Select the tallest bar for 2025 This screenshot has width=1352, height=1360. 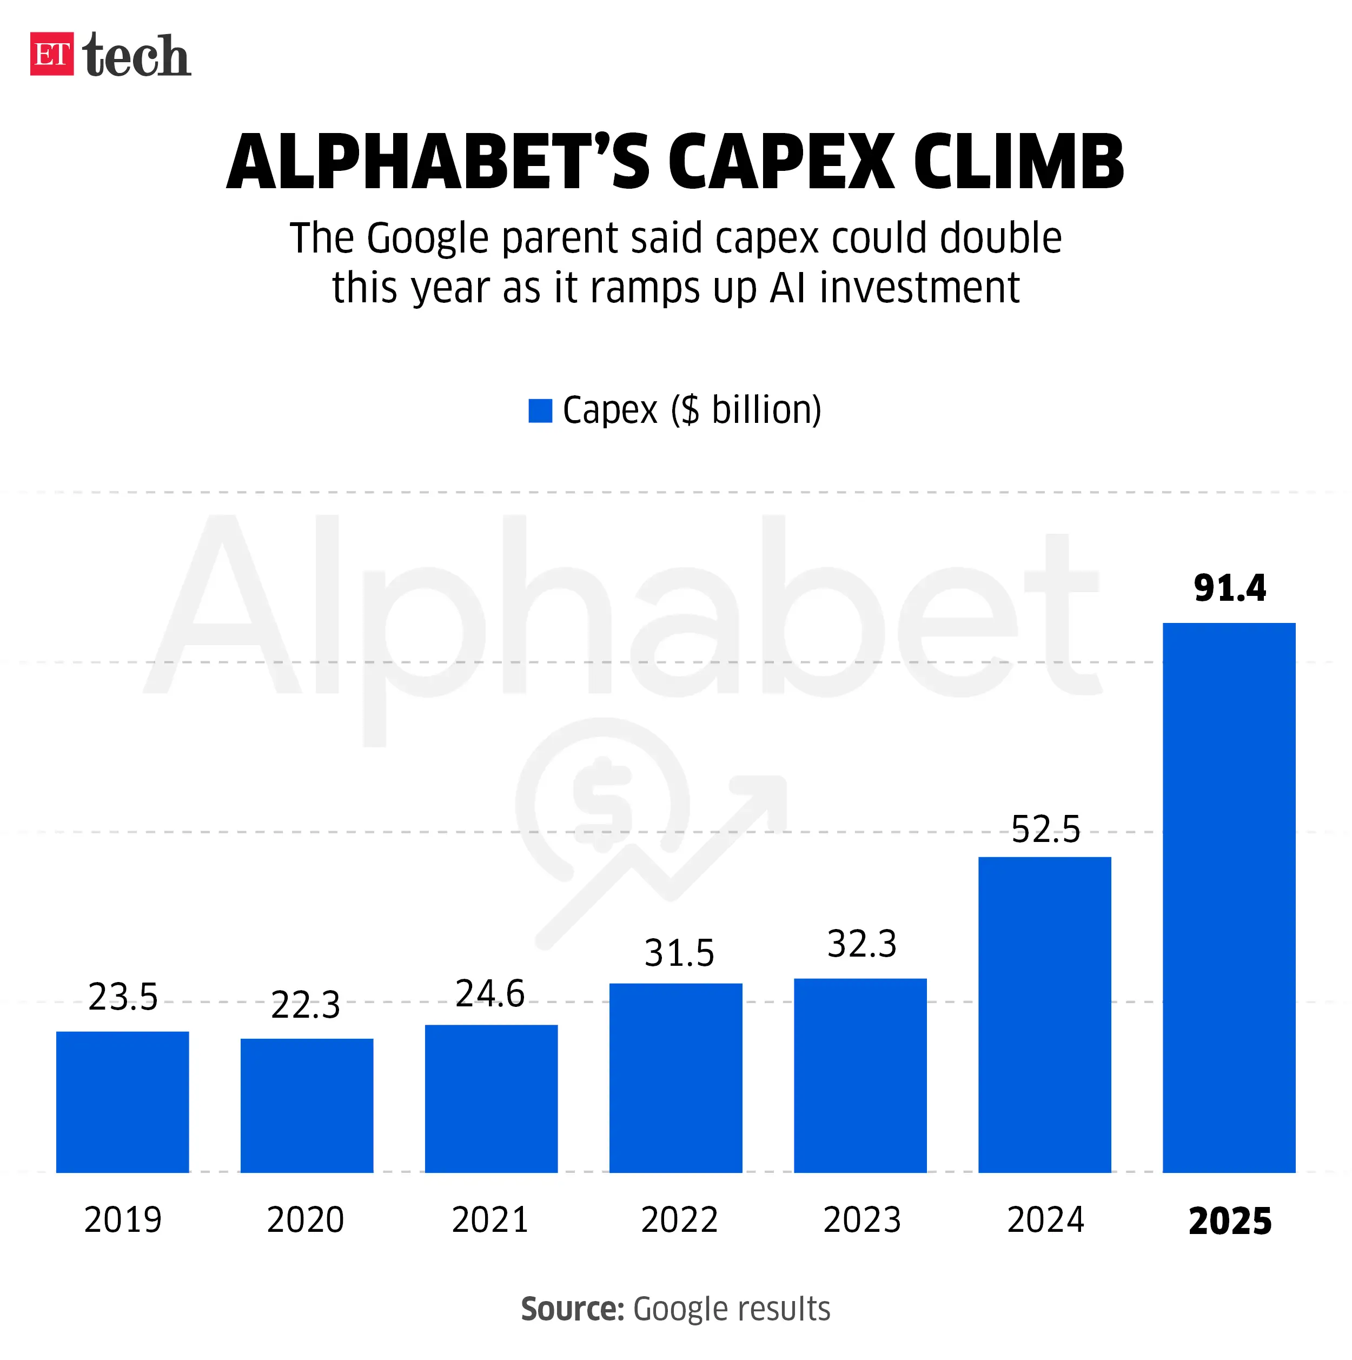click(x=1229, y=898)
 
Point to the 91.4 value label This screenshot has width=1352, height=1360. click(x=1229, y=588)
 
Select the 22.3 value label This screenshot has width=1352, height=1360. click(x=306, y=1005)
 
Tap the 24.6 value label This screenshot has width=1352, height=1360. click(x=490, y=994)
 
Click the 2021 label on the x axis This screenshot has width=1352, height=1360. click(x=490, y=1220)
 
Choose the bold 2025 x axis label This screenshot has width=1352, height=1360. click(x=1229, y=1222)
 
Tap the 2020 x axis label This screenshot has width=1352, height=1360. click(x=306, y=1220)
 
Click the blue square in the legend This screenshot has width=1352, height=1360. click(x=540, y=410)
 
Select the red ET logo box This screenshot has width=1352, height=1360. click(x=51, y=54)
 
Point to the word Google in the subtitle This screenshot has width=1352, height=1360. click(x=427, y=238)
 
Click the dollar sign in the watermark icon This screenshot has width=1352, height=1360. click(x=602, y=802)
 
